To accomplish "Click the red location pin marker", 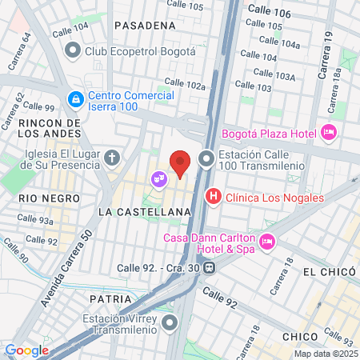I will click(x=181, y=163).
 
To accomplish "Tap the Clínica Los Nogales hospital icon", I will click(x=213, y=196).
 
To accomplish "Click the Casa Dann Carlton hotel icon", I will click(x=268, y=241).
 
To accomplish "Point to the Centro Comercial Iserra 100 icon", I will click(x=75, y=98).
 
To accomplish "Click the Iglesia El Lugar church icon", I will click(x=112, y=157).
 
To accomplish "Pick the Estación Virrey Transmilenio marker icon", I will click(x=170, y=323).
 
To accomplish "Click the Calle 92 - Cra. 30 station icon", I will click(x=209, y=268).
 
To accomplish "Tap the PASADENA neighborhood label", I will click(x=144, y=26).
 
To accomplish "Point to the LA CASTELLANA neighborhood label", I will click(x=144, y=211).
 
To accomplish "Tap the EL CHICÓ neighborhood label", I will click(x=326, y=272).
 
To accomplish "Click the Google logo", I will click(x=26, y=350).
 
